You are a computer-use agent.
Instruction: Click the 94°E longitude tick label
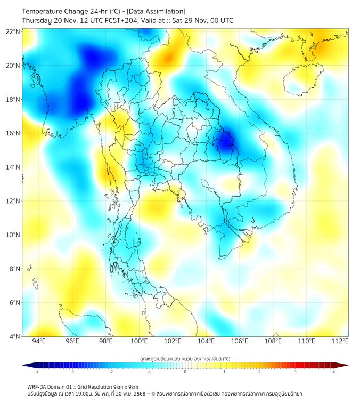click(x=39, y=342)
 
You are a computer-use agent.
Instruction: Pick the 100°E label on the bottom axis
click(x=139, y=342)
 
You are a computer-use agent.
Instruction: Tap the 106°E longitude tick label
click(x=240, y=342)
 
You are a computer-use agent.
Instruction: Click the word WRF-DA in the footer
click(x=37, y=386)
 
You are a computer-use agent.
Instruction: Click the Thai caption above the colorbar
click(x=185, y=359)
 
